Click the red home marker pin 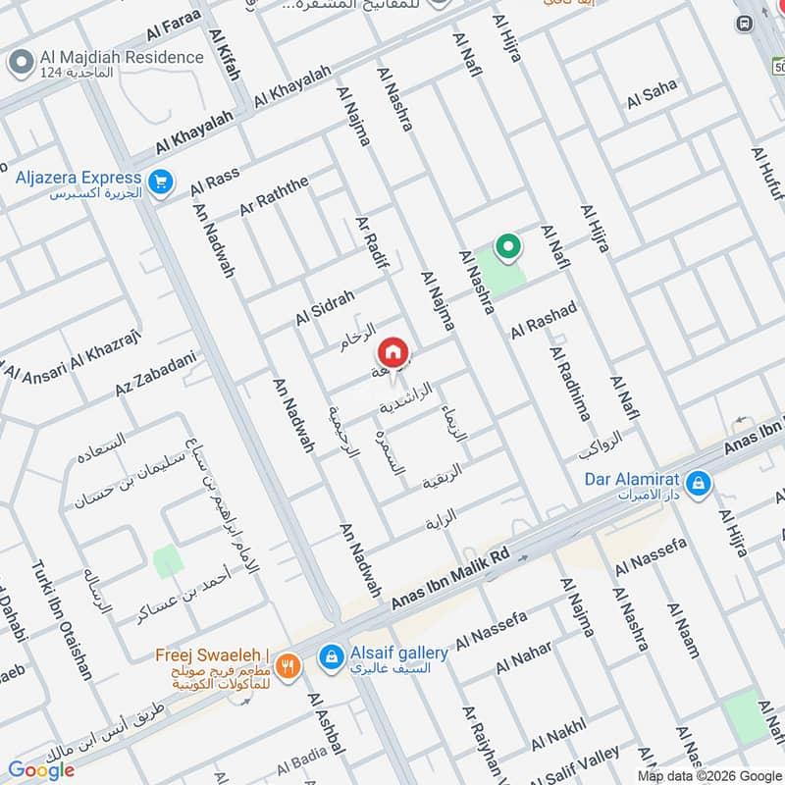(392, 350)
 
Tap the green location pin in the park (507, 247)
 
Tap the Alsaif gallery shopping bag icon (333, 654)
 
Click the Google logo (41, 770)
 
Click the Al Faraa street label (174, 26)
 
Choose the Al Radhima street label (570, 383)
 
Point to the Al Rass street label (215, 182)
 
